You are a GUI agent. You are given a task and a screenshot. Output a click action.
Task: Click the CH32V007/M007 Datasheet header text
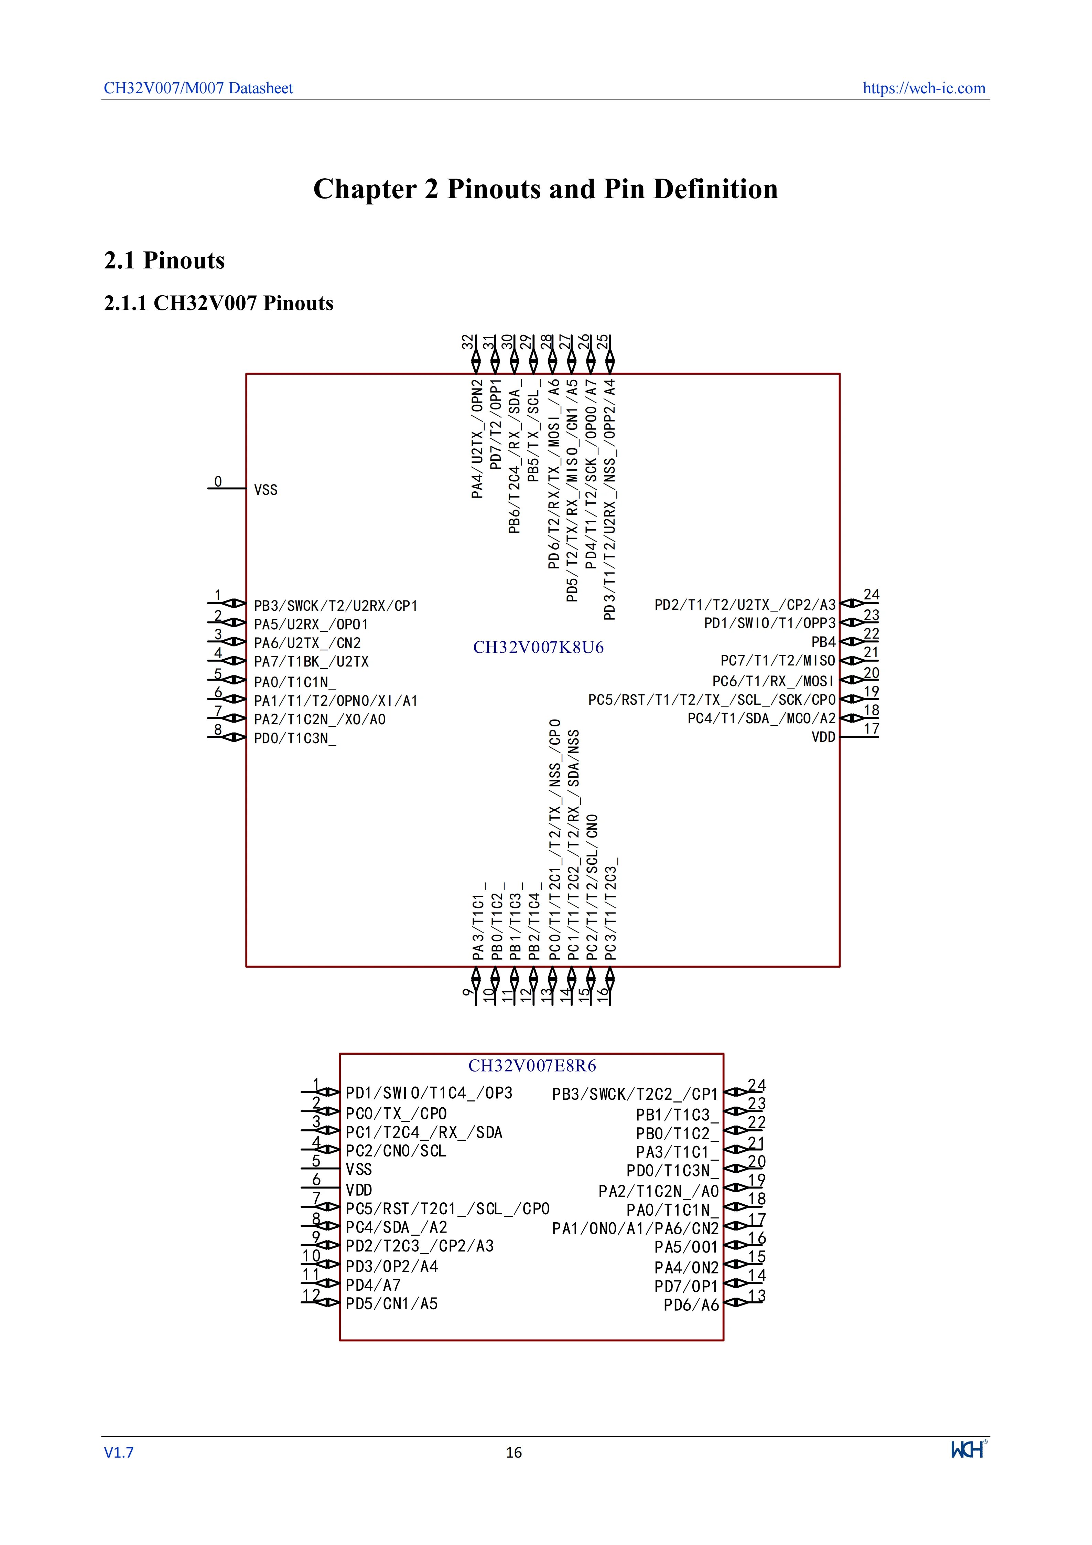(198, 88)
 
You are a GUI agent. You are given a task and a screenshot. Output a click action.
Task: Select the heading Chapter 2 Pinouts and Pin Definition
(545, 189)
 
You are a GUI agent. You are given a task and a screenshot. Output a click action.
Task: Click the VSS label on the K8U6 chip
(266, 490)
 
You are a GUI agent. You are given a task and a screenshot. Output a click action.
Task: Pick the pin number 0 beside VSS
(218, 481)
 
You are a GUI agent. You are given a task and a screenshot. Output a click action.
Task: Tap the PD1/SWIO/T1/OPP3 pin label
(769, 623)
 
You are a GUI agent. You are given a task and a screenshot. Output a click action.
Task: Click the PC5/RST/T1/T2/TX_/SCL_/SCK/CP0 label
(711, 700)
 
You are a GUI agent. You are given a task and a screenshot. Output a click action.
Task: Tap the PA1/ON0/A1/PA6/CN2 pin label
(636, 1229)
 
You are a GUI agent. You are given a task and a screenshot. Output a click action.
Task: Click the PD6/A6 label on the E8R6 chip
(691, 1305)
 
